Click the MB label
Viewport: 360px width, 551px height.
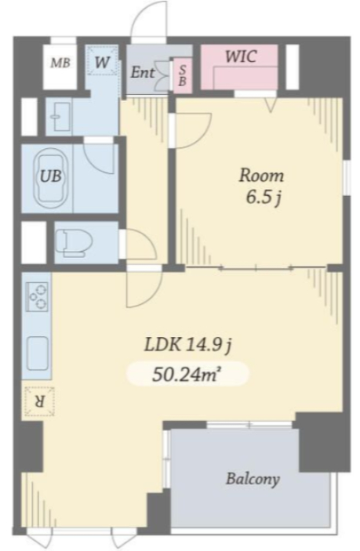tap(60, 63)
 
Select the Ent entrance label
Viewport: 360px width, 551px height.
tap(143, 73)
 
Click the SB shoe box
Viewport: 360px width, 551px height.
tap(183, 75)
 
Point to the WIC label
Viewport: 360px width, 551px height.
tap(241, 56)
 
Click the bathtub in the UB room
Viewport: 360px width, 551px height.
tap(52, 179)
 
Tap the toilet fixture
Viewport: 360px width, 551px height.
tap(75, 241)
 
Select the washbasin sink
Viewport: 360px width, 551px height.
tap(60, 116)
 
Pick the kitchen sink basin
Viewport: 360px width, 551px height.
tap(38, 353)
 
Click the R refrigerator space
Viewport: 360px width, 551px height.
tap(39, 401)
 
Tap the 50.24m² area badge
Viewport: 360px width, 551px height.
tap(187, 375)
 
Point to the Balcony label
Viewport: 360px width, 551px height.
tap(253, 480)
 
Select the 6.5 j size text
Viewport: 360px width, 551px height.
tap(264, 198)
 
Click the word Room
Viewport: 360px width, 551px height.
tap(261, 176)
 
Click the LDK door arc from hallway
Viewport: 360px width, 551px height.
tap(153, 295)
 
